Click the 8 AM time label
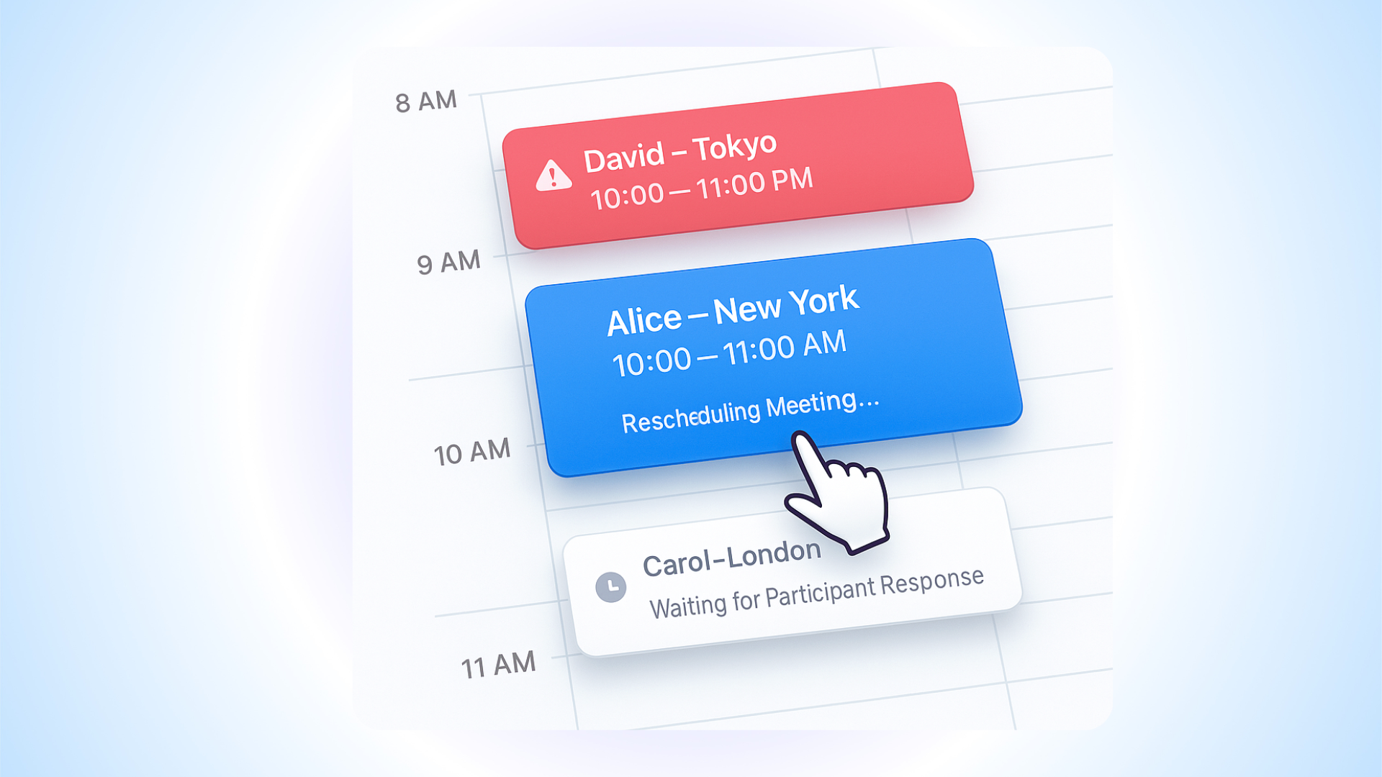click(426, 101)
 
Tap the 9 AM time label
click(448, 263)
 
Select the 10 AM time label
click(471, 453)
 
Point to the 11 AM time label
click(498, 665)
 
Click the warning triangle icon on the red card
click(553, 176)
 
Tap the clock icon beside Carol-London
click(611, 587)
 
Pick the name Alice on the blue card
click(644, 321)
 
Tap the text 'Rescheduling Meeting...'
click(750, 412)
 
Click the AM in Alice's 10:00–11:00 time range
click(824, 344)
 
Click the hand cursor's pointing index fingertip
click(800, 438)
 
